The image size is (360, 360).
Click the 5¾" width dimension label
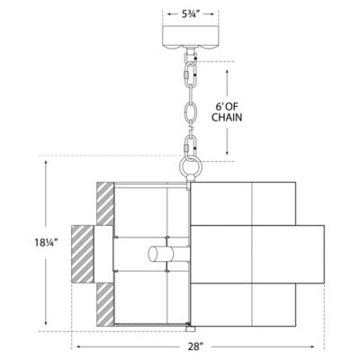191,14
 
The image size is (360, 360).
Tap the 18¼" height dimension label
46,242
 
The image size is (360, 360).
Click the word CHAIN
227,117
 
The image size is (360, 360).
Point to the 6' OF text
227,106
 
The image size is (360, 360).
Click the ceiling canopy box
190,36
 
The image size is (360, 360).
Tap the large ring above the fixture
191,166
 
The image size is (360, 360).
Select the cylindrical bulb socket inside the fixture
161,255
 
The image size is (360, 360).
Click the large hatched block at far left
82,255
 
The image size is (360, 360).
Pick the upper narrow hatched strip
105,203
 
